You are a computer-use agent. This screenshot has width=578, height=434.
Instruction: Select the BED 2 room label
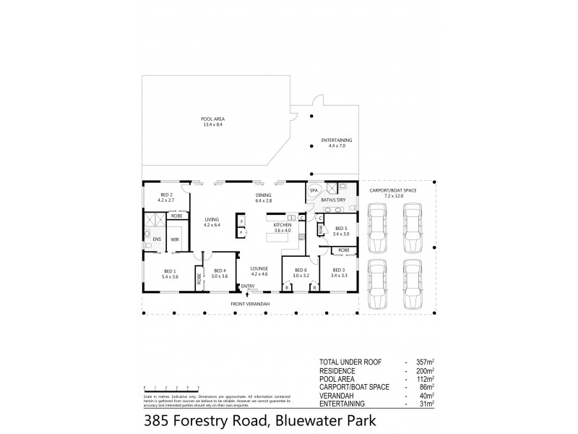tap(166, 195)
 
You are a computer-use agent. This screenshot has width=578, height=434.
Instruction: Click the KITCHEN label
tap(282, 226)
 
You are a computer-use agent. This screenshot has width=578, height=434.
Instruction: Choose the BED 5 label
tap(342, 228)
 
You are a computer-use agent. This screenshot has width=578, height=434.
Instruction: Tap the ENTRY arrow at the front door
tap(237, 294)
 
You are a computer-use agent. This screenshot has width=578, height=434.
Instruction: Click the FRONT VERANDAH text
tap(250, 304)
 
